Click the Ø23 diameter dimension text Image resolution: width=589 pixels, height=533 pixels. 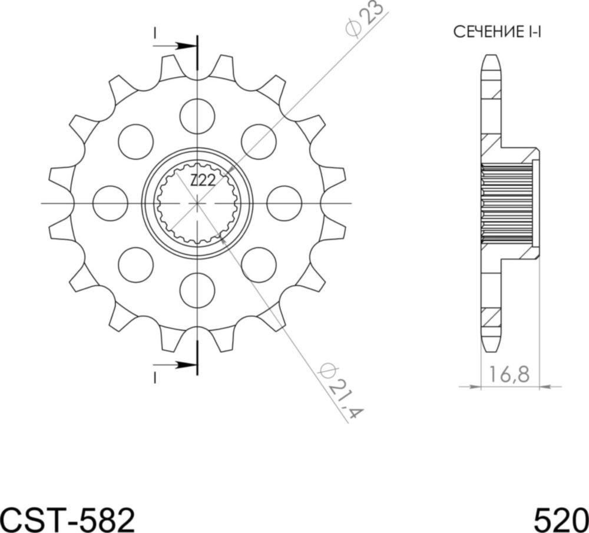pyautogui.click(x=366, y=20)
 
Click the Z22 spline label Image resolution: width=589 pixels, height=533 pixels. pyautogui.click(x=202, y=181)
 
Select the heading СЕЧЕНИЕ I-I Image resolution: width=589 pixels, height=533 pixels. pyautogui.click(x=497, y=32)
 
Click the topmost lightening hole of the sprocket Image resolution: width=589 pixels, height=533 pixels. pyautogui.click(x=197, y=115)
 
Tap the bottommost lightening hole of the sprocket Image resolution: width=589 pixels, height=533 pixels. pyautogui.click(x=197, y=290)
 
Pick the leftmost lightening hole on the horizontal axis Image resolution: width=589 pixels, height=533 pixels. pyautogui.click(x=110, y=203)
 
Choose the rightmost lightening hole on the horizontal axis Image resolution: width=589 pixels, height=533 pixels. pyautogui.click(x=284, y=203)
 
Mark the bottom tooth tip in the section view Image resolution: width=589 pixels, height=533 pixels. pyautogui.click(x=491, y=347)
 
